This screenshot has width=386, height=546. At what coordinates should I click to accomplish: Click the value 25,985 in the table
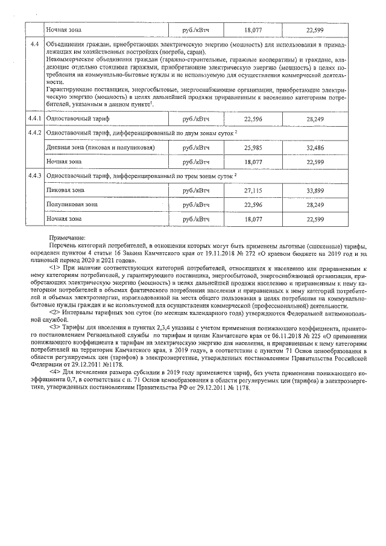(253, 147)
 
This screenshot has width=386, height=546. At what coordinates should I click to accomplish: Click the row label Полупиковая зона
(69, 205)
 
